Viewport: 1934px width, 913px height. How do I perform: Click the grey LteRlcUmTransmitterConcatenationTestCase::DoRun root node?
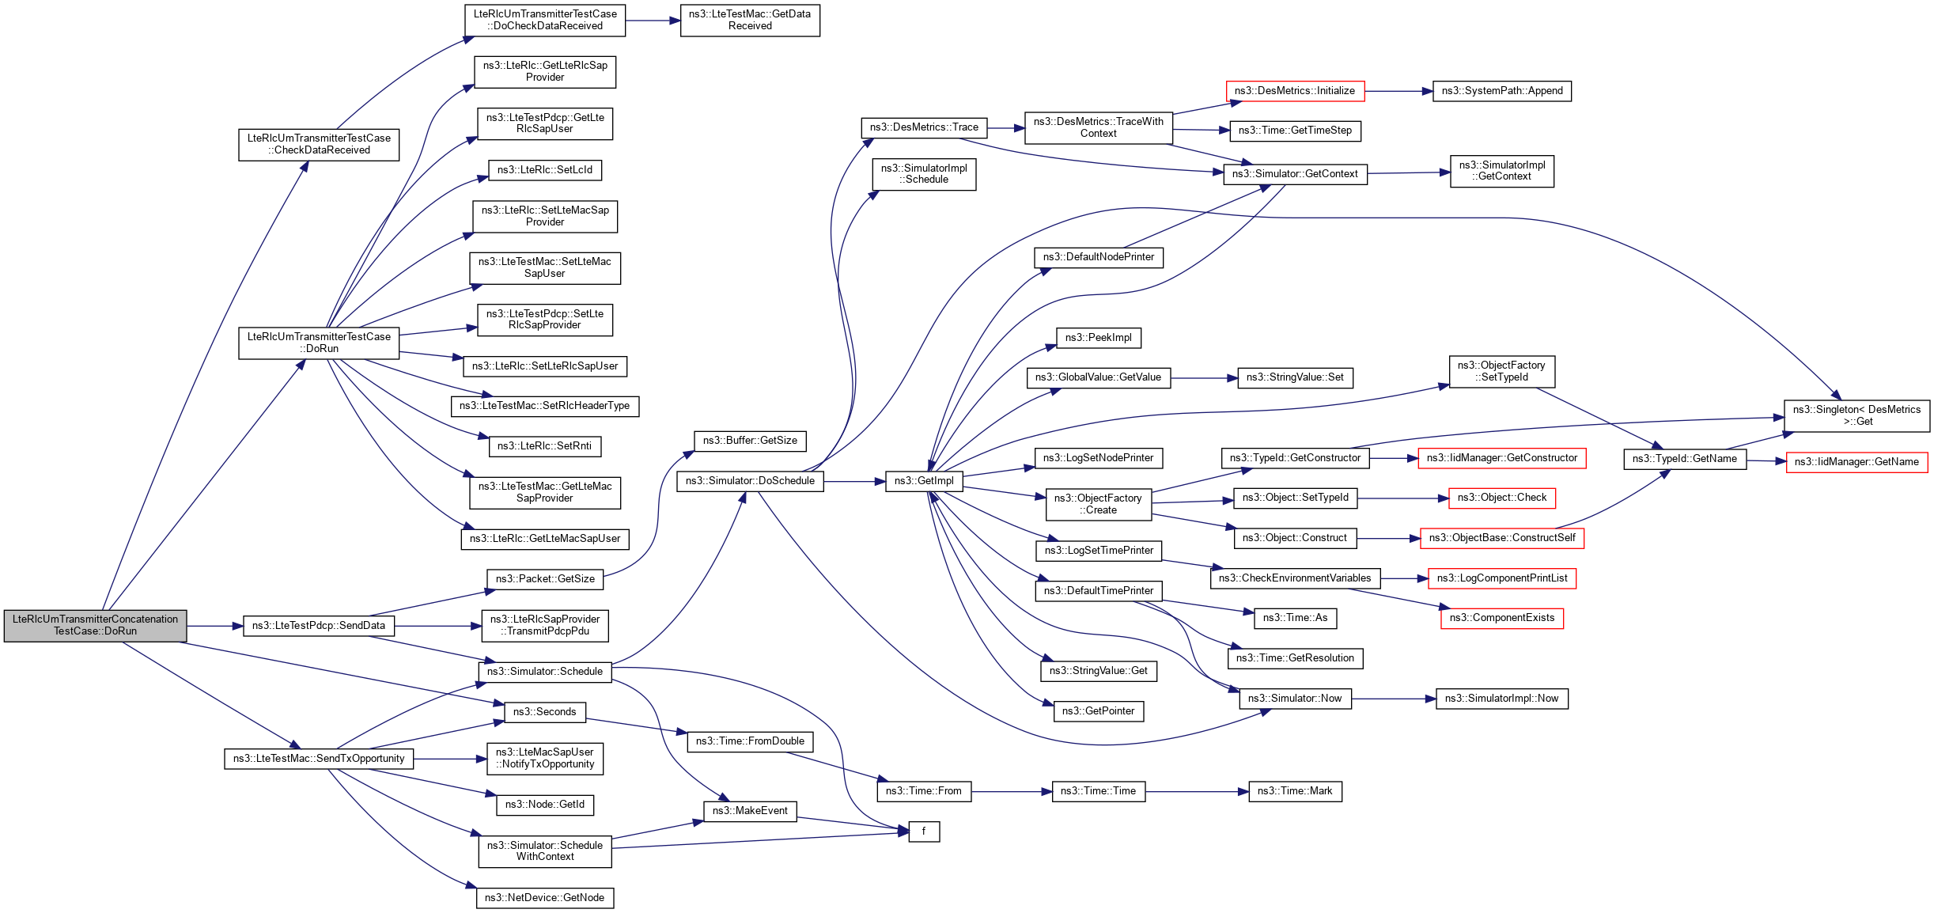[x=95, y=625]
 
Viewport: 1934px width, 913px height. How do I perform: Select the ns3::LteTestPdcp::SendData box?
[x=319, y=626]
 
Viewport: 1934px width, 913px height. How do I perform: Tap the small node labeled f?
[x=923, y=832]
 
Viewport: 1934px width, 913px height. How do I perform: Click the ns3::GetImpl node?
[x=924, y=481]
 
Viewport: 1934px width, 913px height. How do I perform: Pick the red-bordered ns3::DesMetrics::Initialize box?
[x=1294, y=91]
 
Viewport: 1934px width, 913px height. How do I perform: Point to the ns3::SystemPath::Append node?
[x=1501, y=91]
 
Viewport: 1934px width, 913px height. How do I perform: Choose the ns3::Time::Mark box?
[x=1294, y=791]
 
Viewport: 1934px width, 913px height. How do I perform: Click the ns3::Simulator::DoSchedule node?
[x=750, y=481]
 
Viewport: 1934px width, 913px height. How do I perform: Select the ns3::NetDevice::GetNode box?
[x=544, y=898]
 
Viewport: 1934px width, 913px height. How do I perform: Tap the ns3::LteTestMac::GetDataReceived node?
[x=749, y=20]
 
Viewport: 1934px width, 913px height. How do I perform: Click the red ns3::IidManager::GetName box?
[x=1856, y=462]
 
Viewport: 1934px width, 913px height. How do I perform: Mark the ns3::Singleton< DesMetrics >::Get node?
[x=1856, y=415]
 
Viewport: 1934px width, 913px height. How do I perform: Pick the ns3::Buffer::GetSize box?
[x=750, y=441]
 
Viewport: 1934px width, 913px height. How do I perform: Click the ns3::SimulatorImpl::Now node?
[x=1501, y=699]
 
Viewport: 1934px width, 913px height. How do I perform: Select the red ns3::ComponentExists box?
[x=1501, y=618]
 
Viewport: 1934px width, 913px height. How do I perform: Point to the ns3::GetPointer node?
[x=1098, y=711]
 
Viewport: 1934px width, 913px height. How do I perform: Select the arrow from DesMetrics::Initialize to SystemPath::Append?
[x=1398, y=91]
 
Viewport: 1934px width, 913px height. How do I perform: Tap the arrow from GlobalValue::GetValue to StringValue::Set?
[x=1203, y=378]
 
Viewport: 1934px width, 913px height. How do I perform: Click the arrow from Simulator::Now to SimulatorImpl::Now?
[x=1393, y=699]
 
